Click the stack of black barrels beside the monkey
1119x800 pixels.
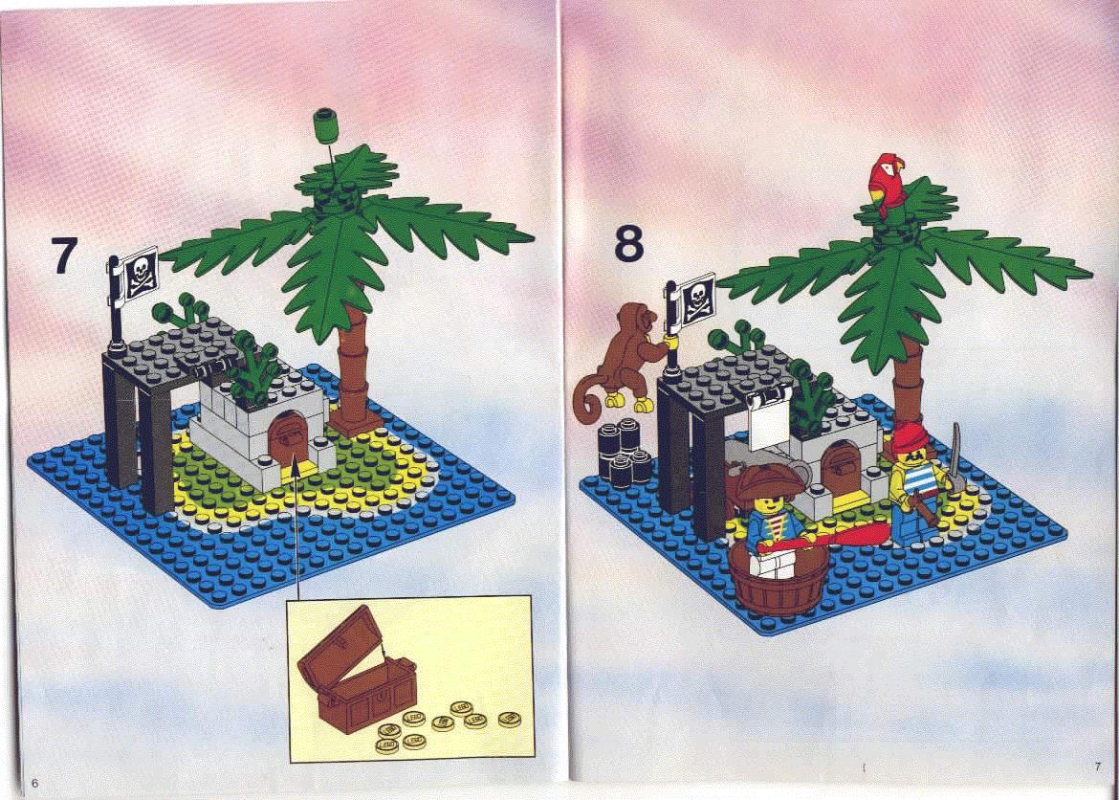tap(622, 452)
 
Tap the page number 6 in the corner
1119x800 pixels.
tap(34, 783)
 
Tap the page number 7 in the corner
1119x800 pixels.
tap(1098, 767)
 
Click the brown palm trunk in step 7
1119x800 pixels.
tap(353, 371)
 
